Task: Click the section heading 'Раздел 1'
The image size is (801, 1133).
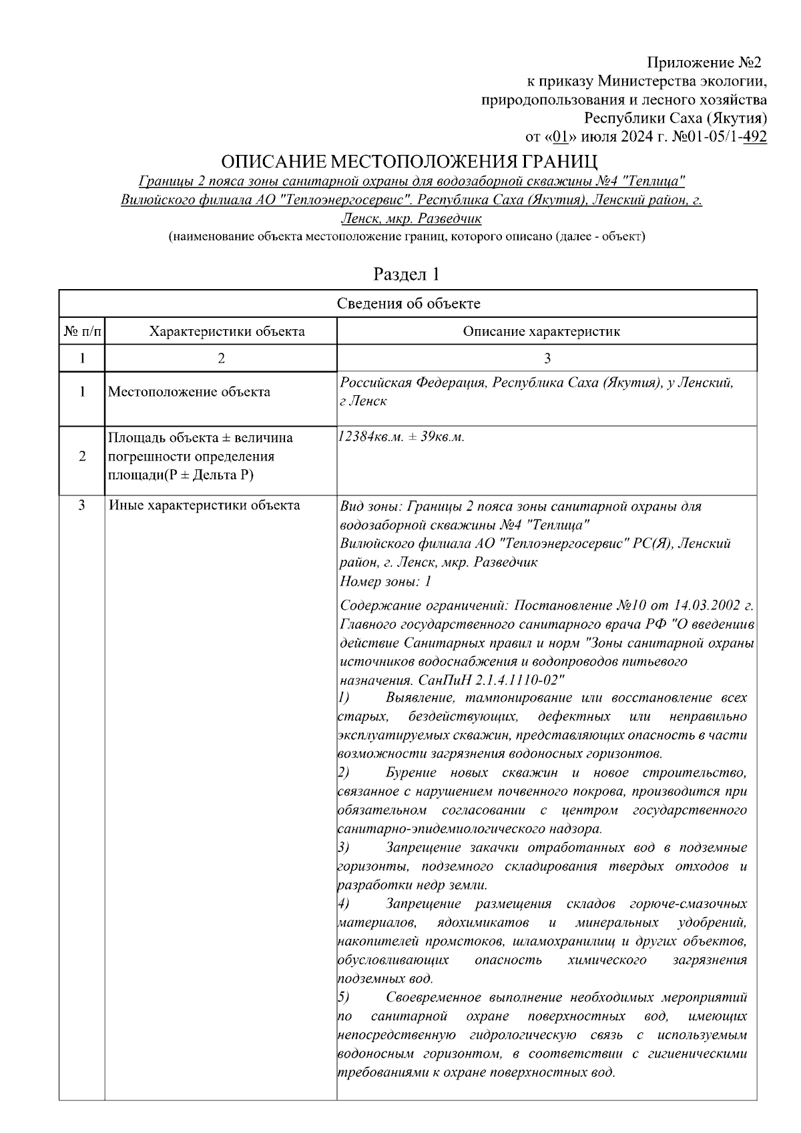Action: click(407, 274)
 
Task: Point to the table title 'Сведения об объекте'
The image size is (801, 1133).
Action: click(408, 304)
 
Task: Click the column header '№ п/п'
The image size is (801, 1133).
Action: click(82, 331)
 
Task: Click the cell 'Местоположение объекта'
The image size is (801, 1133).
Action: click(189, 392)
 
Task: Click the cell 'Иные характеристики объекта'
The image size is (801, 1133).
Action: click(204, 505)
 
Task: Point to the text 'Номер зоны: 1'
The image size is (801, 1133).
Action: click(386, 581)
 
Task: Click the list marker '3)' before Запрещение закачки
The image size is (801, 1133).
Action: click(344, 848)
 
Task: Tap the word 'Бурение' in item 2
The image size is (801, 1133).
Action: click(408, 773)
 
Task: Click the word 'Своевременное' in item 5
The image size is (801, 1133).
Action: click(433, 997)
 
